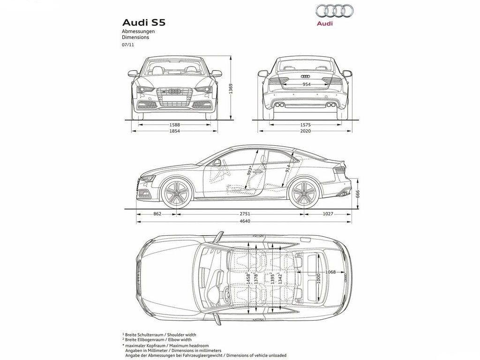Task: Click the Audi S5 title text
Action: (x=143, y=22)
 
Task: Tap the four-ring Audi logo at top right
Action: (x=334, y=11)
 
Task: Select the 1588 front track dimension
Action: (x=175, y=125)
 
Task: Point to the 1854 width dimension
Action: (x=175, y=131)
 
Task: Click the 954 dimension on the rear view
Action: (x=306, y=84)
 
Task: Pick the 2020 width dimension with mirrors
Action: (x=305, y=131)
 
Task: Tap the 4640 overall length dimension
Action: (x=245, y=221)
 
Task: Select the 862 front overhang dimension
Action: (x=157, y=214)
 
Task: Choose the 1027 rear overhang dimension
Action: (x=328, y=214)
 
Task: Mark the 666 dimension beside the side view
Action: (x=358, y=194)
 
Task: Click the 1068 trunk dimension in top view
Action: (x=330, y=272)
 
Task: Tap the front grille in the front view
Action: (x=174, y=97)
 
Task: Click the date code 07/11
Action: (x=128, y=45)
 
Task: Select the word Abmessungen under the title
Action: (x=138, y=31)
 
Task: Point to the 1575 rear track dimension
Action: (x=305, y=125)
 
